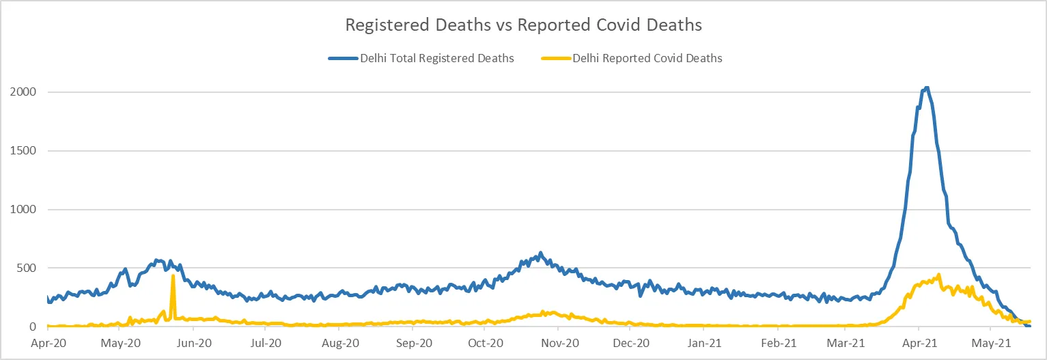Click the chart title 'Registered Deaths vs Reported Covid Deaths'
pyautogui.click(x=523, y=25)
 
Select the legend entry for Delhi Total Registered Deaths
pyautogui.click(x=421, y=59)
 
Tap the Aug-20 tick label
pyautogui.click(x=339, y=344)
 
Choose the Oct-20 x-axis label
pyautogui.click(x=484, y=344)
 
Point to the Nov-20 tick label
pyautogui.click(x=558, y=344)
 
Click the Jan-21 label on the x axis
pyautogui.click(x=704, y=344)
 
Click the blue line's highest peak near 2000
pyautogui.click(x=926, y=87)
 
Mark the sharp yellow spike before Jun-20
pyautogui.click(x=173, y=276)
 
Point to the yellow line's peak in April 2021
pyautogui.click(x=939, y=275)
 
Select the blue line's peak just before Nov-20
pyautogui.click(x=541, y=253)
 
